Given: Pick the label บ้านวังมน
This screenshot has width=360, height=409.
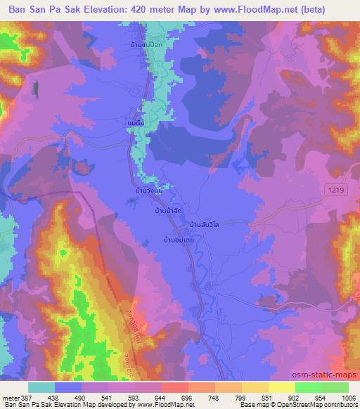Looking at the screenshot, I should click(150, 190).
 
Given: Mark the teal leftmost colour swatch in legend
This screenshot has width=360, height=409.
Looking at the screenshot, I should click(41, 387).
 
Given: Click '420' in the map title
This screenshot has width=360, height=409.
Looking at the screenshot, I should click(141, 8).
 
